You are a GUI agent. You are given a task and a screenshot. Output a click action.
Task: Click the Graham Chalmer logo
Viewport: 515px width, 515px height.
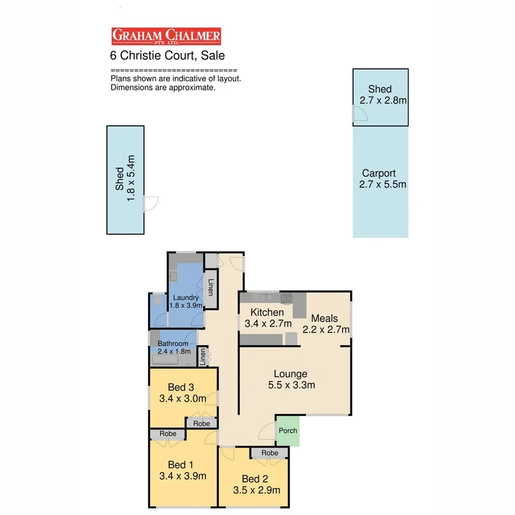[166, 37]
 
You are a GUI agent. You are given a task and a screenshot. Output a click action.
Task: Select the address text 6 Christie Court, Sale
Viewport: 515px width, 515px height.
[167, 56]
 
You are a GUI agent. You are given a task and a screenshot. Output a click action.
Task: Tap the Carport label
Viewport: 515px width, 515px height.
[379, 173]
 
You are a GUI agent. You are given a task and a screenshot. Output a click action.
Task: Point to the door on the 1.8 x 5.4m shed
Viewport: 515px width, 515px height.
[151, 204]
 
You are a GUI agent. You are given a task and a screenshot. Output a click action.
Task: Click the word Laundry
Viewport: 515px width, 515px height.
[186, 298]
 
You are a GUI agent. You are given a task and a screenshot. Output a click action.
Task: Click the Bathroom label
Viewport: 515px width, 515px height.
[173, 343]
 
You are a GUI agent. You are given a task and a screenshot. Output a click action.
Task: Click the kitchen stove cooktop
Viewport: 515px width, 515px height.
[286, 297]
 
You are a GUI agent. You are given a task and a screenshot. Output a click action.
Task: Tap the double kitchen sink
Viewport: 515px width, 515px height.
[266, 297]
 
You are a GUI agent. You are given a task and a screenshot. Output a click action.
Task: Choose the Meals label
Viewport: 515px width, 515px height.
[324, 318]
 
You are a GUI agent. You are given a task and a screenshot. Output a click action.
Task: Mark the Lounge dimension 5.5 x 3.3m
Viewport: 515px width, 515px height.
[291, 385]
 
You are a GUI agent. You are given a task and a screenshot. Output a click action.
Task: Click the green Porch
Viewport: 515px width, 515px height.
[288, 430]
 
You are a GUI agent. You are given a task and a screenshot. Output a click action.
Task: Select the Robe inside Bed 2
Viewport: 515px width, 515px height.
[270, 453]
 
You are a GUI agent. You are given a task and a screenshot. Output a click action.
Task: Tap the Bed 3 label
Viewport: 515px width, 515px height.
[181, 387]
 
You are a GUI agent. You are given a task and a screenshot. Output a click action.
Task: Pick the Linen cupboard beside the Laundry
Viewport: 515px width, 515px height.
[211, 287]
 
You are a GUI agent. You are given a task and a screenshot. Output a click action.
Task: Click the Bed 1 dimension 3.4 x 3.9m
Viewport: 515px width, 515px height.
[183, 476]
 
